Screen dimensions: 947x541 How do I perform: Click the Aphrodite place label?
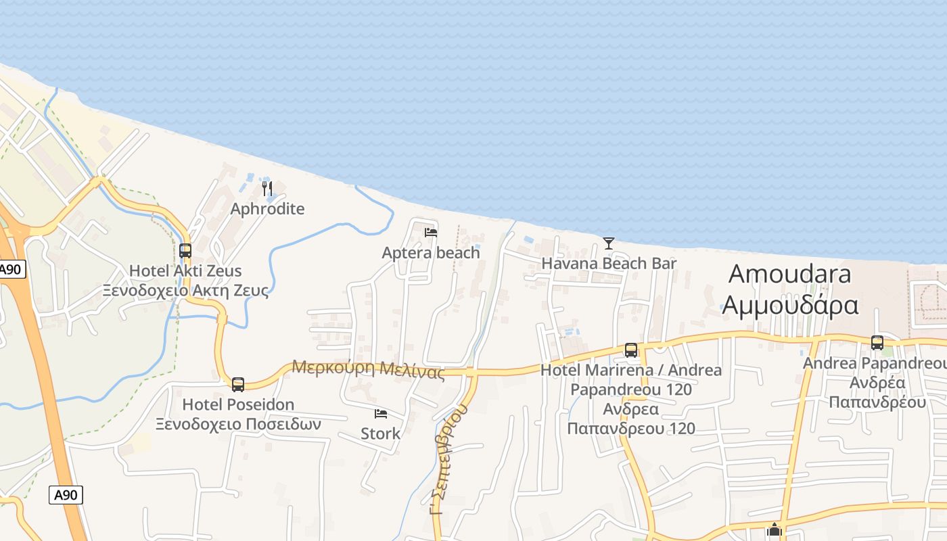tap(267, 208)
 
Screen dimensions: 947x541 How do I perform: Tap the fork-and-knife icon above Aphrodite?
tap(268, 188)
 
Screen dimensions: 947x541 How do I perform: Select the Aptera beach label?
tap(431, 253)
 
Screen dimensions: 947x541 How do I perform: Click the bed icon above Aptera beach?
tap(431, 233)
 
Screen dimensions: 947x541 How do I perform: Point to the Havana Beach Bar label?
tap(609, 263)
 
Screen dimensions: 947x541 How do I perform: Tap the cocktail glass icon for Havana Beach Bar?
tap(609, 243)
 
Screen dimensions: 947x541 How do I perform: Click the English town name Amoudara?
tap(790, 274)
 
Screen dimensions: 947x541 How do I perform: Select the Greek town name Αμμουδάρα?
tap(790, 304)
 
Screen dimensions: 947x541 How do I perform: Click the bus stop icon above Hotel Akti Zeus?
tap(185, 251)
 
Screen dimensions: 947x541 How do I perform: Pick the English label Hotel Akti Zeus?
tap(185, 271)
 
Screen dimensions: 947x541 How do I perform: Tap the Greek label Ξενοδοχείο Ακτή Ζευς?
tap(185, 291)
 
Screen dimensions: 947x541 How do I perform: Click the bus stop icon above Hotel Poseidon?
tap(238, 385)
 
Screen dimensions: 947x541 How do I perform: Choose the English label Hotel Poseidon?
tap(238, 405)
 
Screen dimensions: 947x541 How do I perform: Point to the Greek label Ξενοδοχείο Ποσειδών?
tap(238, 425)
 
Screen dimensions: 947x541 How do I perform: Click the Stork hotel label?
tap(380, 433)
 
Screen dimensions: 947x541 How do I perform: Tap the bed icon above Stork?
tap(381, 413)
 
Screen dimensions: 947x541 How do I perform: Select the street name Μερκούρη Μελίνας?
tap(368, 369)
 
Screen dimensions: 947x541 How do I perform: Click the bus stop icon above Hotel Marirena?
tap(631, 350)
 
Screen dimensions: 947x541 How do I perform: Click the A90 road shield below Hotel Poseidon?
tap(66, 495)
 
